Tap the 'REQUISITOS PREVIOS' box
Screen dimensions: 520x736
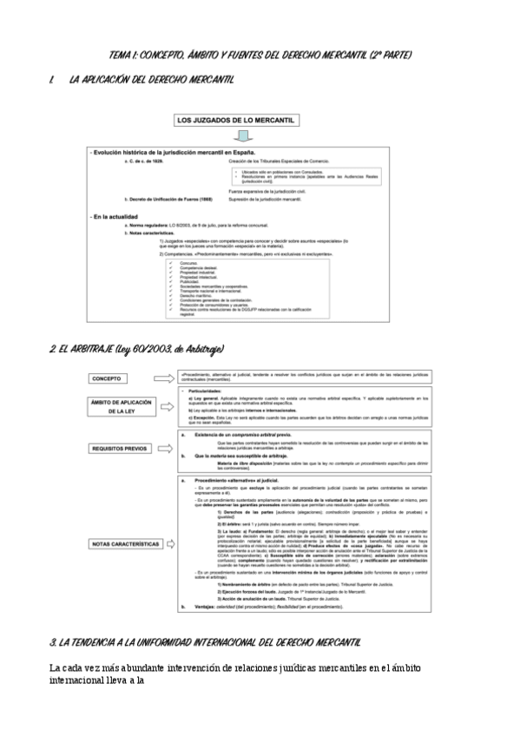(x=120, y=449)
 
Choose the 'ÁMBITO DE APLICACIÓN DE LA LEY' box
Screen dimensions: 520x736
(x=120, y=408)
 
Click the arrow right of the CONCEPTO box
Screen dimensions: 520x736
(x=162, y=378)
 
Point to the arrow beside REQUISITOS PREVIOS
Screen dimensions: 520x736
(x=162, y=449)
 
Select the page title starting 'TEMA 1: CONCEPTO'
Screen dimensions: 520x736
(x=260, y=56)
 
